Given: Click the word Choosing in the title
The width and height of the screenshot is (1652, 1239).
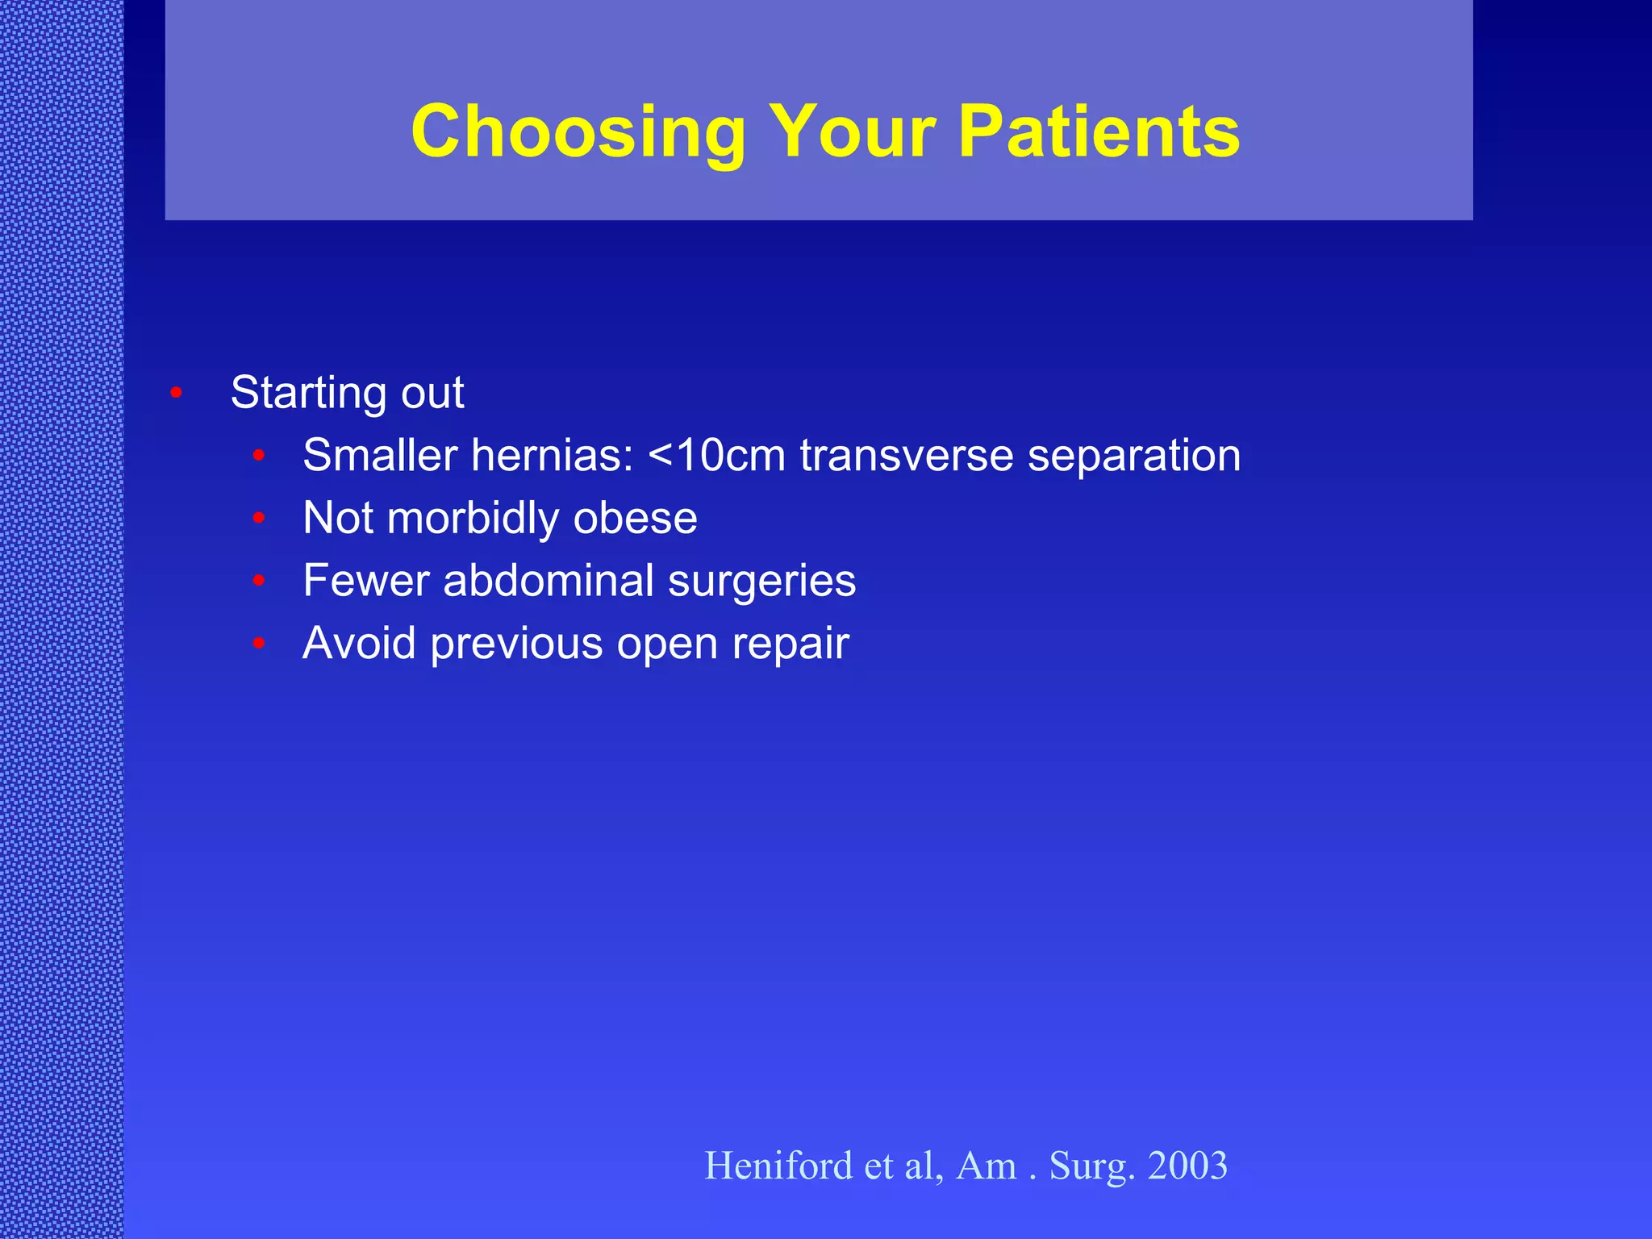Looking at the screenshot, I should pyautogui.click(x=578, y=132).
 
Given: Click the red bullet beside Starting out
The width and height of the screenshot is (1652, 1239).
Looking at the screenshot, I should pyautogui.click(x=176, y=393).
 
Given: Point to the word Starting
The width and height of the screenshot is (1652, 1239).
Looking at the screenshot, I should pyautogui.click(x=308, y=393).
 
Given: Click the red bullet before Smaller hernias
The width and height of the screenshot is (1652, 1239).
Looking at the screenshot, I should pyautogui.click(x=259, y=456).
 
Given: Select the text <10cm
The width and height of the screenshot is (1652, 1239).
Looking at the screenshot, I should pyautogui.click(x=716, y=455).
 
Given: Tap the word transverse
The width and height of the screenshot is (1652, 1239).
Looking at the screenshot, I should pyautogui.click(x=906, y=455).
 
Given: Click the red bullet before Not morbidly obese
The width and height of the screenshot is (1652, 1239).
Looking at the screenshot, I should pyautogui.click(x=259, y=518).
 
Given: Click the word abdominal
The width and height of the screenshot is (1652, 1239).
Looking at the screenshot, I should pyautogui.click(x=548, y=581).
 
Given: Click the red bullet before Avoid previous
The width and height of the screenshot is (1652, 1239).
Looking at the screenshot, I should pyautogui.click(x=259, y=643).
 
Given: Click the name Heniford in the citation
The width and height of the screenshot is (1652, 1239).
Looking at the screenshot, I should pyautogui.click(x=778, y=1166).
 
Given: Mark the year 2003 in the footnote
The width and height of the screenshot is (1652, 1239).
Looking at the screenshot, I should pyautogui.click(x=1187, y=1166).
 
